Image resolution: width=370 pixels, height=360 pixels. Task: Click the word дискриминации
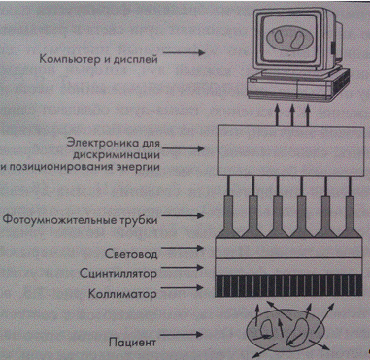point(117,155)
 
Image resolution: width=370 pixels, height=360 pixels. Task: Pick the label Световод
point(131,254)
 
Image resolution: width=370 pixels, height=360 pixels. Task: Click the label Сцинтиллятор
point(118,274)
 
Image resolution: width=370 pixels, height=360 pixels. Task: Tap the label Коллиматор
point(122,294)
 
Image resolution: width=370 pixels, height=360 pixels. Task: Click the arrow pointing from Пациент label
point(183,335)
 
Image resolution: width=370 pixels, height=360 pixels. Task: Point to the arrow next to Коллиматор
point(183,286)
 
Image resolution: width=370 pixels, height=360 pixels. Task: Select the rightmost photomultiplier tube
point(350,215)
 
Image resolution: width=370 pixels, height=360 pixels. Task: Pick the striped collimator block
point(288,285)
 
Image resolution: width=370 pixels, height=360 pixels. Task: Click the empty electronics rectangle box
point(290,151)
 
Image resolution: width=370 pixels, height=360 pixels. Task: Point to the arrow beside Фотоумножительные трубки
point(183,215)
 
